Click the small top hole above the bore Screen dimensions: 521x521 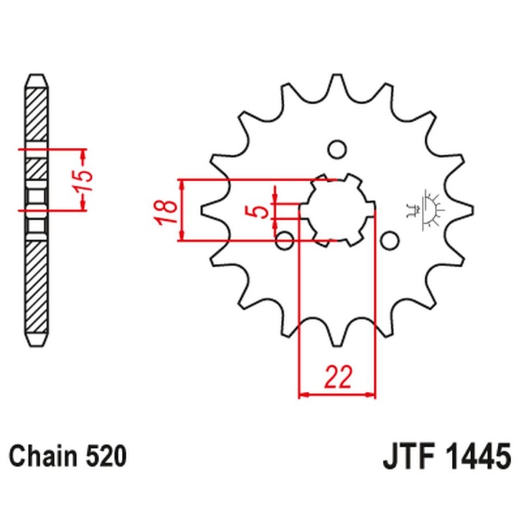337,150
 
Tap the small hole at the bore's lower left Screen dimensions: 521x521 285,241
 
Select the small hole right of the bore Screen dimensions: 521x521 389,242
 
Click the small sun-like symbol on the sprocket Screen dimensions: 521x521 428,208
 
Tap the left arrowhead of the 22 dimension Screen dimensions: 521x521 302,395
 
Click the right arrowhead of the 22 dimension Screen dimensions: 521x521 373,395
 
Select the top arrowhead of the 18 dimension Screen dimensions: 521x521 184,184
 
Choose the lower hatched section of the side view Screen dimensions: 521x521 36,287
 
